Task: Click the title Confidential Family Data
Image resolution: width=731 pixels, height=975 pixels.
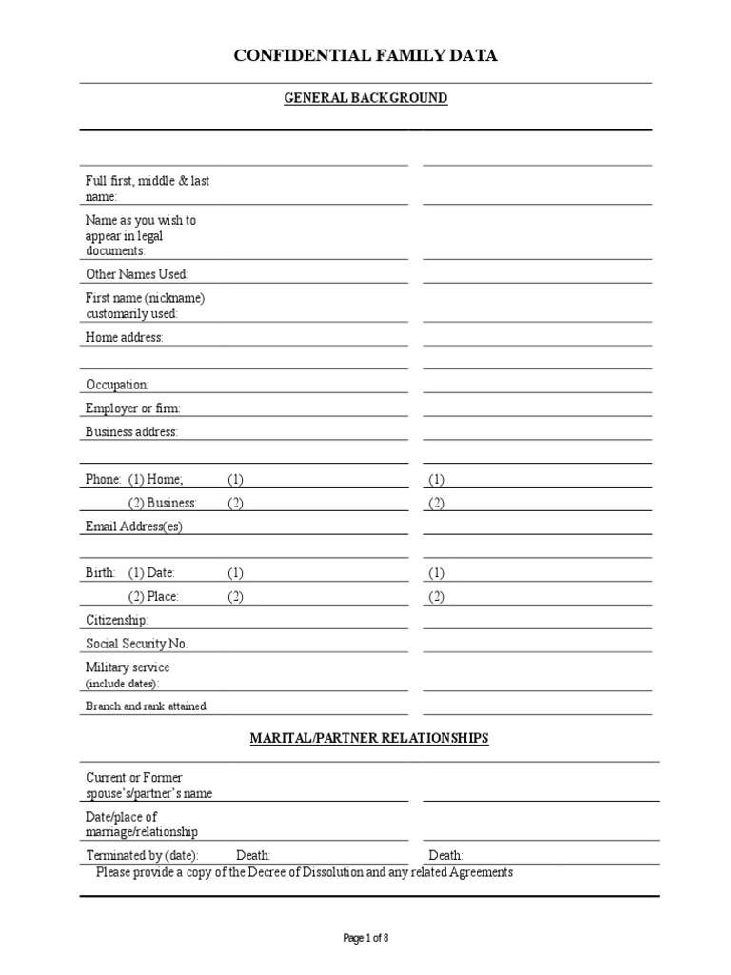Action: point(365,57)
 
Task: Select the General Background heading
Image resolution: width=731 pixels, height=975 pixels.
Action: point(365,98)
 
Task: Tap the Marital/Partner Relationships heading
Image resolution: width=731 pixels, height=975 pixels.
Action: point(369,738)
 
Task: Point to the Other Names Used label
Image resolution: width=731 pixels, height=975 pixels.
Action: point(137,274)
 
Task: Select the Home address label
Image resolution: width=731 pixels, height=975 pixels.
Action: point(125,337)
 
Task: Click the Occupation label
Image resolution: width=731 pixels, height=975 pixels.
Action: point(117,385)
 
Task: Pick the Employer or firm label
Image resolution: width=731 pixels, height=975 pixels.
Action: point(133,408)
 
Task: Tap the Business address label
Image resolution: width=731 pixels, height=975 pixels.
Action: point(131,432)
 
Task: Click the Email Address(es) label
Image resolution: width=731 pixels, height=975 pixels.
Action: point(133,527)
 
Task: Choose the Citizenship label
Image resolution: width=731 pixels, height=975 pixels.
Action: point(117,620)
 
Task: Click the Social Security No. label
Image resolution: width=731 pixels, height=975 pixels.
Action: point(137,644)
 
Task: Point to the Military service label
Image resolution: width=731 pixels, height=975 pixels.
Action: point(128,667)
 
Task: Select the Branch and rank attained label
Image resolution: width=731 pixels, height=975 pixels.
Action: point(147,706)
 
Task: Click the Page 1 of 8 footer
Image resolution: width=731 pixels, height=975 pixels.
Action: point(365,938)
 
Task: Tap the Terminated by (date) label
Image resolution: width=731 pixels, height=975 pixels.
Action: point(142,855)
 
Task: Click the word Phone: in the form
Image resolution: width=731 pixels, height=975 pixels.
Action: point(104,479)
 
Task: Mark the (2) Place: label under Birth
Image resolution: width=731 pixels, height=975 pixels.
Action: point(153,597)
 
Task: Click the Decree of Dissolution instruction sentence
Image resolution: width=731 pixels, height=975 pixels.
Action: point(305,872)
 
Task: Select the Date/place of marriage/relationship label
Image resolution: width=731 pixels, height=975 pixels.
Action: point(142,825)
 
